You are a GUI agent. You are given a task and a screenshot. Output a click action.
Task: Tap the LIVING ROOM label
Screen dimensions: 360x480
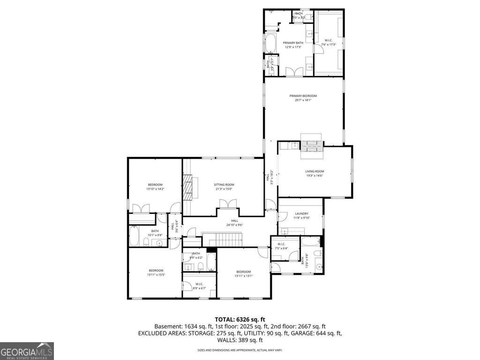(315, 172)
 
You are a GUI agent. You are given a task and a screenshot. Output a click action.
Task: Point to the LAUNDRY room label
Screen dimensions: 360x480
(301, 213)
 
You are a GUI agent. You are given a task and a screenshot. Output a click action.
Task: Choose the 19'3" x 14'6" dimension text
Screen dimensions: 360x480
(315, 176)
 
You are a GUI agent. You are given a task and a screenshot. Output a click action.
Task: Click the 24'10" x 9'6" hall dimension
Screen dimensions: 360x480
(234, 225)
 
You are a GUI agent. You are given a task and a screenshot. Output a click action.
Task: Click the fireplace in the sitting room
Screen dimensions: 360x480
(188, 187)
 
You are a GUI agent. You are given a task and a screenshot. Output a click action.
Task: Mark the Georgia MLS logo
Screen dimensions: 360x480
(27, 351)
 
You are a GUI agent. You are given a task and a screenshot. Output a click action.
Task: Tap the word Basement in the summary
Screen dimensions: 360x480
(167, 326)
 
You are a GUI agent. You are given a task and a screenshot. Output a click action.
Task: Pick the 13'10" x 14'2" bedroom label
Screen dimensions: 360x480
(155, 185)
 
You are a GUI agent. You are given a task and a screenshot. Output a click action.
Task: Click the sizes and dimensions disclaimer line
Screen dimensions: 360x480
(240, 350)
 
